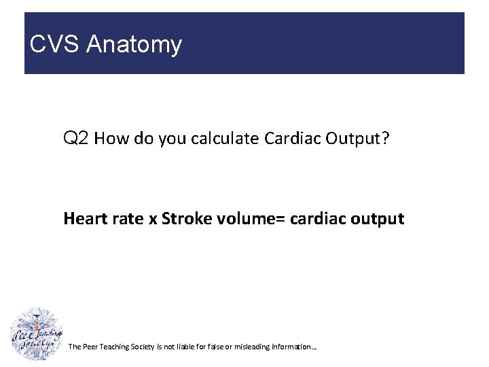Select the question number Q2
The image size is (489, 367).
76,139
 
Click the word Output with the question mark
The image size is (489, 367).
357,139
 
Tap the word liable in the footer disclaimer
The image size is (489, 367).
192,347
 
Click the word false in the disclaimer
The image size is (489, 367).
220,347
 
